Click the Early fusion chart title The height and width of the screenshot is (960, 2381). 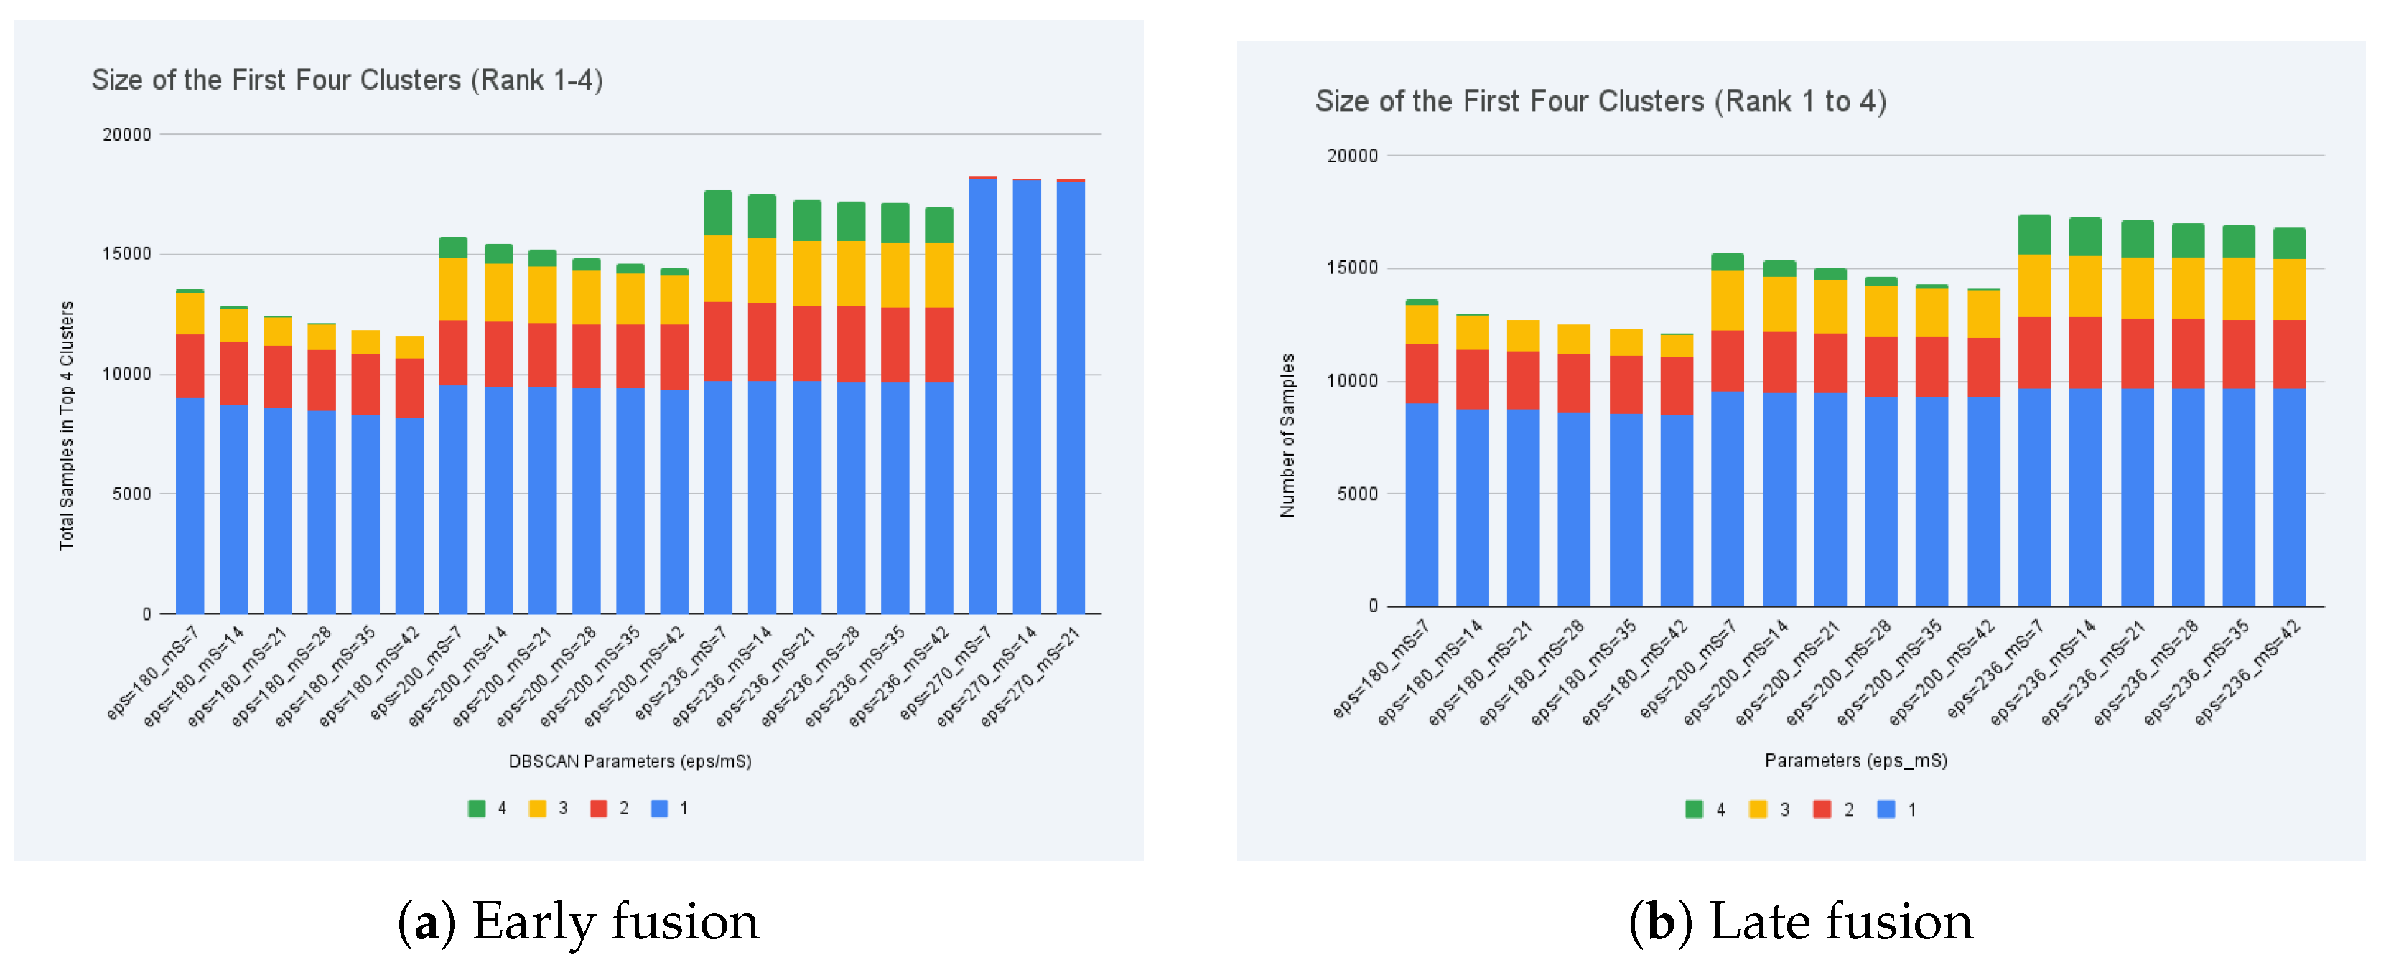[347, 80]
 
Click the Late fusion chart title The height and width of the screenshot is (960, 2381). [1600, 102]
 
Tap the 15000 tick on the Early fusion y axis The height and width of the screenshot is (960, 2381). [126, 254]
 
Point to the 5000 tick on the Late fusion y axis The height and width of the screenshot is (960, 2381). [1357, 494]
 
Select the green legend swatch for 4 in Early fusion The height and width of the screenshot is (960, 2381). [476, 809]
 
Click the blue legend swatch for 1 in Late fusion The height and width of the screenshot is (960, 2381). [1886, 809]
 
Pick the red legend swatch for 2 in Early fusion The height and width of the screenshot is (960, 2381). [598, 809]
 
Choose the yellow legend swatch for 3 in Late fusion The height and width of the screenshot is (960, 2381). [1758, 809]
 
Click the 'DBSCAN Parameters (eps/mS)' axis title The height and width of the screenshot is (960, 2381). [630, 761]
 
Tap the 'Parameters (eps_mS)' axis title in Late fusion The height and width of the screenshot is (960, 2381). [1855, 761]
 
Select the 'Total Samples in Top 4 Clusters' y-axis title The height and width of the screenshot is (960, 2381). [67, 425]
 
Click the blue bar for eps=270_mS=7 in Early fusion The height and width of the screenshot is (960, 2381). [982, 395]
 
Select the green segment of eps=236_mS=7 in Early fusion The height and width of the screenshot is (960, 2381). [718, 212]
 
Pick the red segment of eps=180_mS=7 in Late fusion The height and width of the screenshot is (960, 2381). [1422, 373]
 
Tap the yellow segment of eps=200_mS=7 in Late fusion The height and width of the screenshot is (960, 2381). [1728, 301]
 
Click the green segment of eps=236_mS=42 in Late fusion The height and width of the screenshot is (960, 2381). [2290, 244]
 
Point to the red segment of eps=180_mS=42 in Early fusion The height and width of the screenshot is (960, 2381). [409, 388]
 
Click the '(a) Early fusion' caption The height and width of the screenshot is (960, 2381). [579, 922]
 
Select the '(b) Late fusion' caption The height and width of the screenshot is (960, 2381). [1801, 922]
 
